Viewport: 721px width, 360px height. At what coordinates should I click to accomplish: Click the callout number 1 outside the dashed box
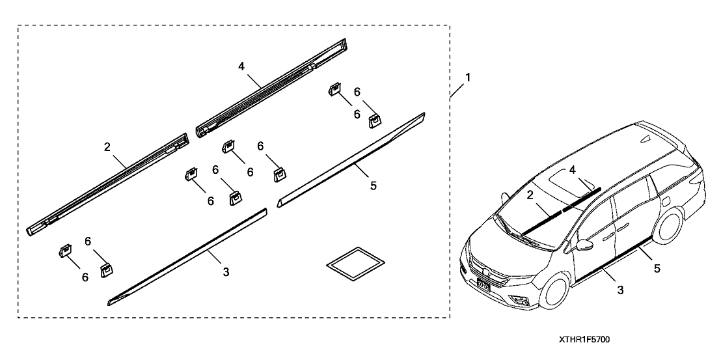[468, 77]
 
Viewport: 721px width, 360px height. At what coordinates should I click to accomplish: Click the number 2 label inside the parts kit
[107, 146]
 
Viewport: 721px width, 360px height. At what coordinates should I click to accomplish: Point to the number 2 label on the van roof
[530, 195]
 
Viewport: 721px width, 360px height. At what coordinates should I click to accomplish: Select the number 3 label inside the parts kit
[226, 271]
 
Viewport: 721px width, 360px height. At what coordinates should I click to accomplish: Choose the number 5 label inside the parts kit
[373, 186]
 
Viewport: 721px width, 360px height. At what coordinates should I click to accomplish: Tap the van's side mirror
[584, 246]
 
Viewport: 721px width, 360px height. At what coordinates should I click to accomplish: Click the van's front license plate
[482, 284]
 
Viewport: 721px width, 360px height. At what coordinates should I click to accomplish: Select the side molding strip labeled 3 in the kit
[189, 257]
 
